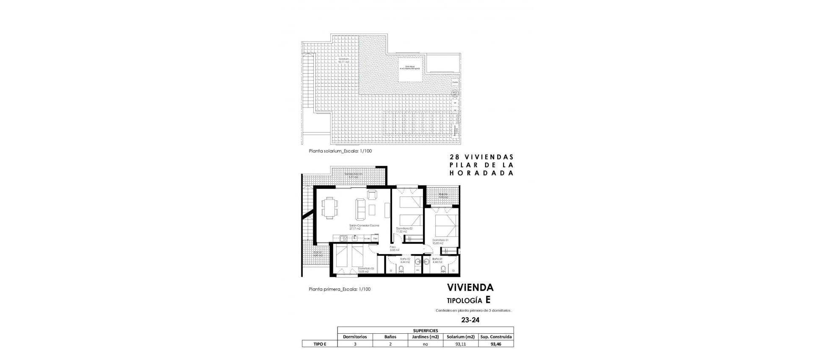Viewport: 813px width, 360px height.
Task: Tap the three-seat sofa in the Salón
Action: pyautogui.click(x=361, y=208)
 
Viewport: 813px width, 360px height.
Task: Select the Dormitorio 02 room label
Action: pyautogui.click(x=404, y=229)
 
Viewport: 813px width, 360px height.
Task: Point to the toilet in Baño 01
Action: pyautogui.click(x=443, y=269)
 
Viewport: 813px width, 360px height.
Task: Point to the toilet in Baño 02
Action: pyautogui.click(x=401, y=269)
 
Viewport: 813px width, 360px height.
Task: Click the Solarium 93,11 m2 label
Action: pyautogui.click(x=344, y=61)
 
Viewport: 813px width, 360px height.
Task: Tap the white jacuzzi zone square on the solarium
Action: pyautogui.click(x=410, y=69)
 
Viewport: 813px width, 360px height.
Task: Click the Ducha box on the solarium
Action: pyautogui.click(x=455, y=82)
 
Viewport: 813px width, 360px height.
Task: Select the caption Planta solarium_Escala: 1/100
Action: pyautogui.click(x=340, y=151)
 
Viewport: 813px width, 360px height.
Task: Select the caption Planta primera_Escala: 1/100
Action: pyautogui.click(x=340, y=289)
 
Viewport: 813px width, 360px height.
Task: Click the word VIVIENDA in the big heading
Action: pyautogui.click(x=470, y=288)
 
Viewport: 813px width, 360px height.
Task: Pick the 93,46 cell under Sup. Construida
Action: pyautogui.click(x=496, y=344)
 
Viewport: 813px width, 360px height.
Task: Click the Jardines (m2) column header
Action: pyautogui.click(x=425, y=337)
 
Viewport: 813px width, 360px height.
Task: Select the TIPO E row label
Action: pyautogui.click(x=319, y=344)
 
